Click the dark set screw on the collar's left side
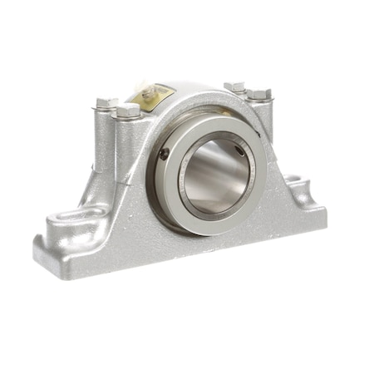click(165, 153)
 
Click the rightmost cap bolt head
click(260, 94)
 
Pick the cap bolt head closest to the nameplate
click(129, 110)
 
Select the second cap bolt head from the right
click(235, 86)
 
